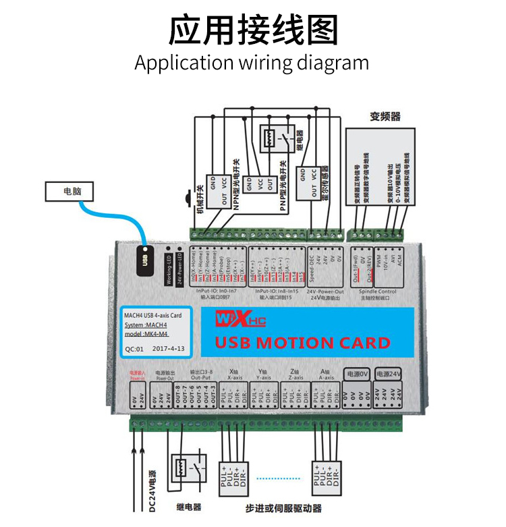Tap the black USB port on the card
(144, 258)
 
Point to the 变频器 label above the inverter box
(385, 116)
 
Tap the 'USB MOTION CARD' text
(302, 342)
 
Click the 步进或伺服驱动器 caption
(283, 508)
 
